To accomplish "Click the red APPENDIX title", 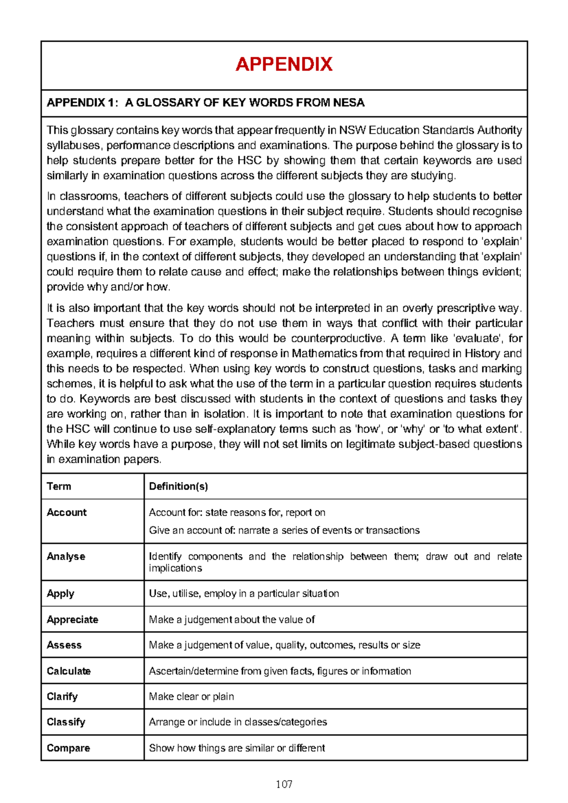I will (284, 64).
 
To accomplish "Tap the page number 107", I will (284, 785).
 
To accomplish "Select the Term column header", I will (59, 486).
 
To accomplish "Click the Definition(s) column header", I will (178, 486).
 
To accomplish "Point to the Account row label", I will (67, 512).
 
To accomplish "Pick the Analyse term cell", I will (66, 556).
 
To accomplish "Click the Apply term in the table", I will (61, 593).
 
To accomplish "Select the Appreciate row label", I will (72, 619).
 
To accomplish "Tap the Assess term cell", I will (64, 645).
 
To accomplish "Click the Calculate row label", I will (69, 671).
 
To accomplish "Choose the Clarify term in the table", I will (62, 696).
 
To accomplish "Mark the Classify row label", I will (66, 722).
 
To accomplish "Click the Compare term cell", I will (68, 748).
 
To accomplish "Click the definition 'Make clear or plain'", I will (191, 696).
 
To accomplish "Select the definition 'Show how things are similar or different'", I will (237, 748).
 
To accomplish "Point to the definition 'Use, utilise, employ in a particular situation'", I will (244, 593).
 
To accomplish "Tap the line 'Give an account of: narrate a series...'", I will (284, 530).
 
